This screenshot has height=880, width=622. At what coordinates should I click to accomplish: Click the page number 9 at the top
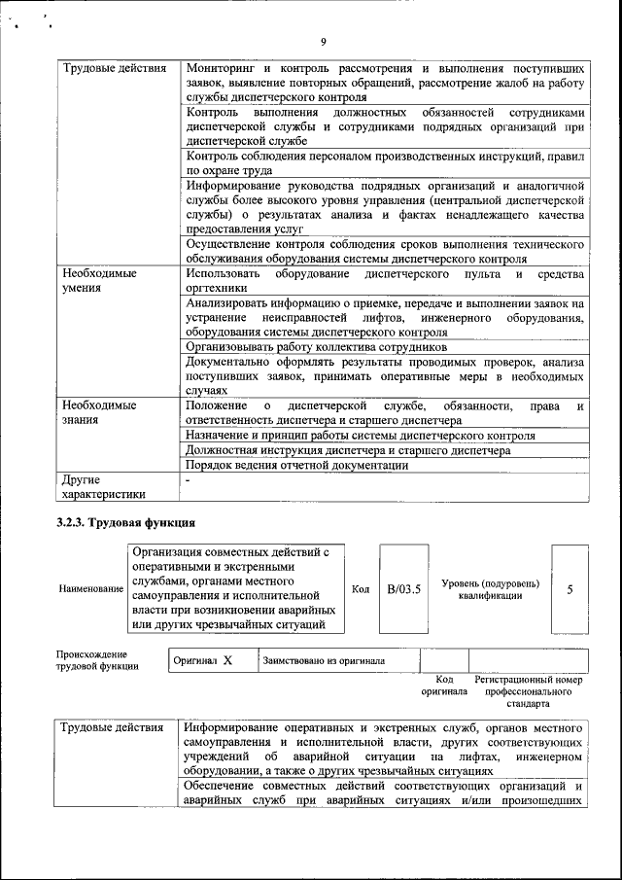tap(322, 40)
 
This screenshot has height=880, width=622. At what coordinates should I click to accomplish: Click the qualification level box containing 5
tap(570, 589)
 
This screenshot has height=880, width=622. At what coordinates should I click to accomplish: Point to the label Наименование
tap(90, 588)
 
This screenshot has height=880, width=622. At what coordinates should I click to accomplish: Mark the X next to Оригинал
tap(227, 660)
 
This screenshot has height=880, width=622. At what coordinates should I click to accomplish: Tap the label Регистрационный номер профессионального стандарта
tap(528, 690)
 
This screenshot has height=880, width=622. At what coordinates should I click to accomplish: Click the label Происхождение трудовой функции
tap(97, 660)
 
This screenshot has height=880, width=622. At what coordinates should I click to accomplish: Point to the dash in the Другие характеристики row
tap(189, 479)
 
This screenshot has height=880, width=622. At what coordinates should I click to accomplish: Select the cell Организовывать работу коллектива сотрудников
tap(316, 346)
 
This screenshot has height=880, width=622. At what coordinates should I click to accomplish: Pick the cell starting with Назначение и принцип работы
tap(360, 436)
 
